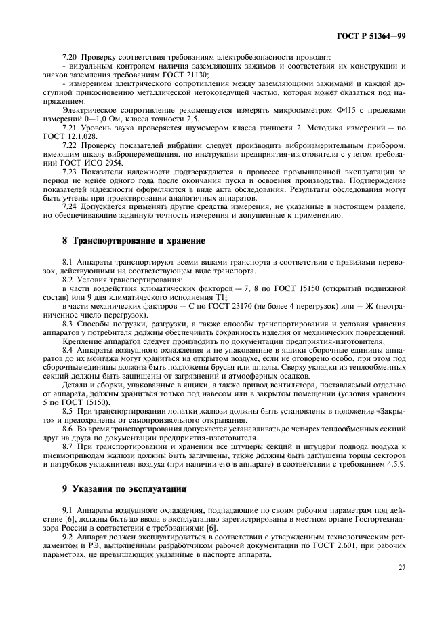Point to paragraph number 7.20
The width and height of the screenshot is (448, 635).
pos(69,58)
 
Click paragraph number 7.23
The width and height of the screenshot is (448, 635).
pos(69,172)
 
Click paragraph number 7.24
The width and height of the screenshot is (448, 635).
pos(69,205)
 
